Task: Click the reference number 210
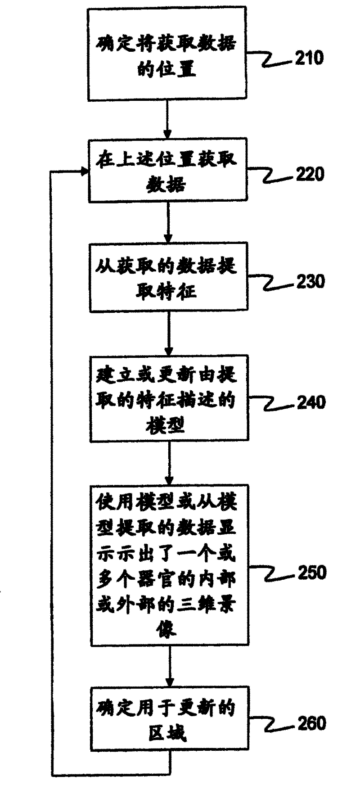(309, 58)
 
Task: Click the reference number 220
(310, 174)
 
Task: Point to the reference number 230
(310, 281)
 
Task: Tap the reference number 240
(310, 402)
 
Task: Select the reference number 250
(310, 573)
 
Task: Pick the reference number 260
(310, 723)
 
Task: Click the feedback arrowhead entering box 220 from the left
(83, 171)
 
